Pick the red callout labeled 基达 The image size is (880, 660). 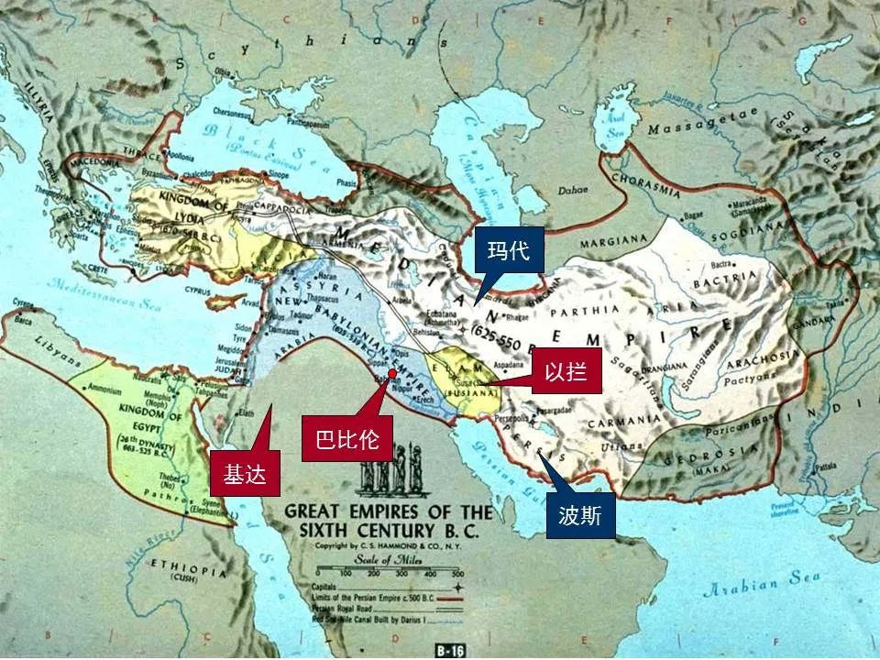(243, 474)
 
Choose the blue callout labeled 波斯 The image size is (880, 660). (580, 515)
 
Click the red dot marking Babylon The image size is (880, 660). (392, 373)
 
